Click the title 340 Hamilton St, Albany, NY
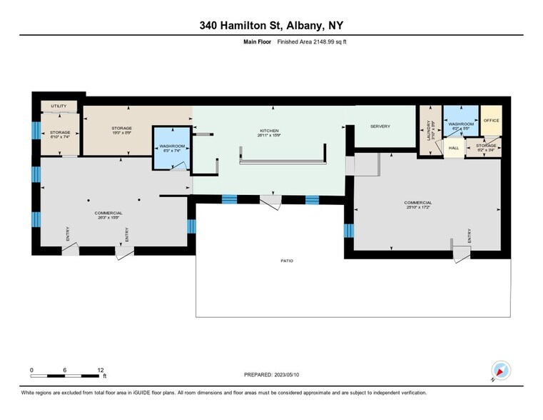point(271,25)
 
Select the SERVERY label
point(380,126)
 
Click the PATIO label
point(286,261)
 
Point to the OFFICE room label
point(491,121)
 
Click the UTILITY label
point(59,106)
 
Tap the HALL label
point(453,149)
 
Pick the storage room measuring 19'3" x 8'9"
point(121,131)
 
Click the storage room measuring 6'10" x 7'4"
point(60,135)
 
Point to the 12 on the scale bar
point(101,369)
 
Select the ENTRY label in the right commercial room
point(469,236)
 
